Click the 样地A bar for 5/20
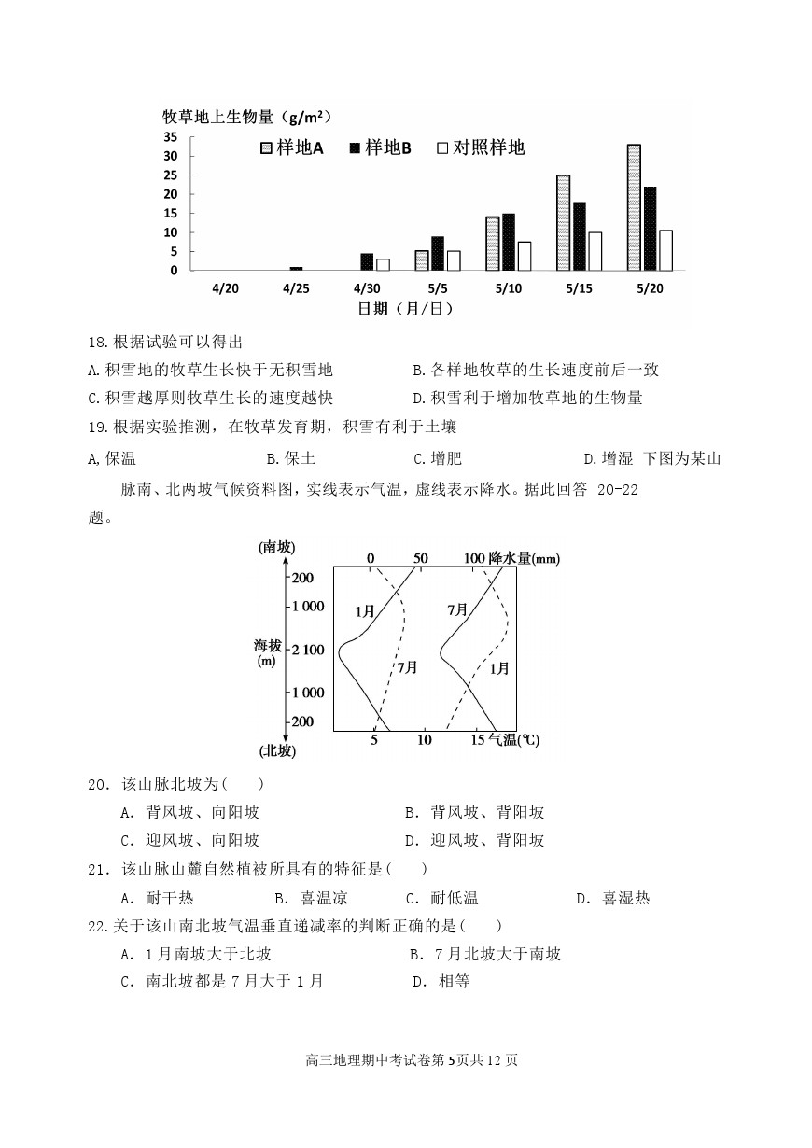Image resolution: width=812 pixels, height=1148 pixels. [x=634, y=207]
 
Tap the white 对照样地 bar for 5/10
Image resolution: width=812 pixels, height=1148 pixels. [x=525, y=256]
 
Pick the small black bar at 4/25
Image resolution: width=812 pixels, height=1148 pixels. [x=296, y=269]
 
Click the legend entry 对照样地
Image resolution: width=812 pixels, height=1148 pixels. [x=481, y=147]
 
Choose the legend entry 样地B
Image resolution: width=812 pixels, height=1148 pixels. [x=380, y=147]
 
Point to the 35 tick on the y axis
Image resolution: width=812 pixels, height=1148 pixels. [x=171, y=136]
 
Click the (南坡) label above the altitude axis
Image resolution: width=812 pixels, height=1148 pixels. [x=278, y=548]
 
